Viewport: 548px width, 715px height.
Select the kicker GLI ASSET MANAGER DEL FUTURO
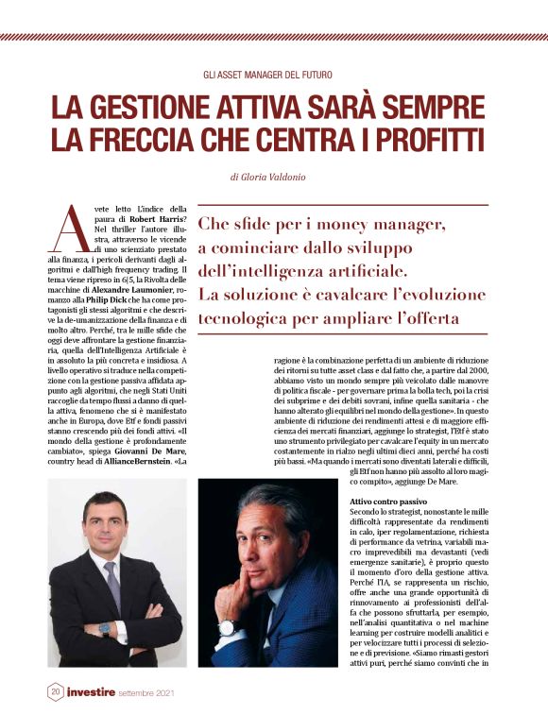pyautogui.click(x=273, y=74)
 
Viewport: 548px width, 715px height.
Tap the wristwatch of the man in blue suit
pyautogui.click(x=227, y=627)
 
